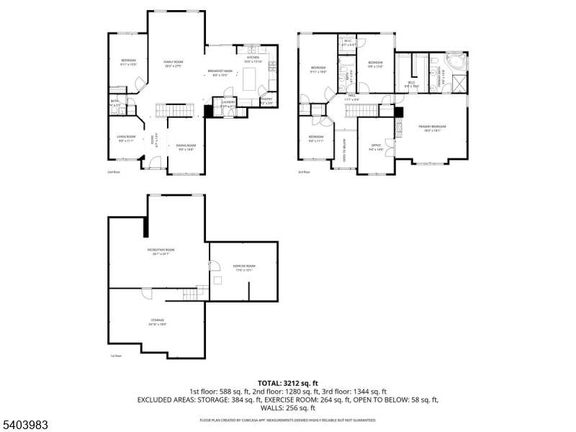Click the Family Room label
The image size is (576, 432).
coord(173,64)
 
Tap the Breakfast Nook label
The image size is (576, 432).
coord(218,72)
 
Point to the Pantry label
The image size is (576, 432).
coord(266,100)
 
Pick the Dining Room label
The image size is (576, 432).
coord(185,147)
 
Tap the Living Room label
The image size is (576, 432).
coord(127,139)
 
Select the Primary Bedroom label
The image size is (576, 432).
coord(433,128)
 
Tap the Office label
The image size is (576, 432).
coord(376,147)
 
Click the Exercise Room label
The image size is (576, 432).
coord(244,267)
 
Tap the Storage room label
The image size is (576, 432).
coord(157,321)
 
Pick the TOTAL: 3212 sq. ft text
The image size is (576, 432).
coord(287,383)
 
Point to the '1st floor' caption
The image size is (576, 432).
coord(116,356)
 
